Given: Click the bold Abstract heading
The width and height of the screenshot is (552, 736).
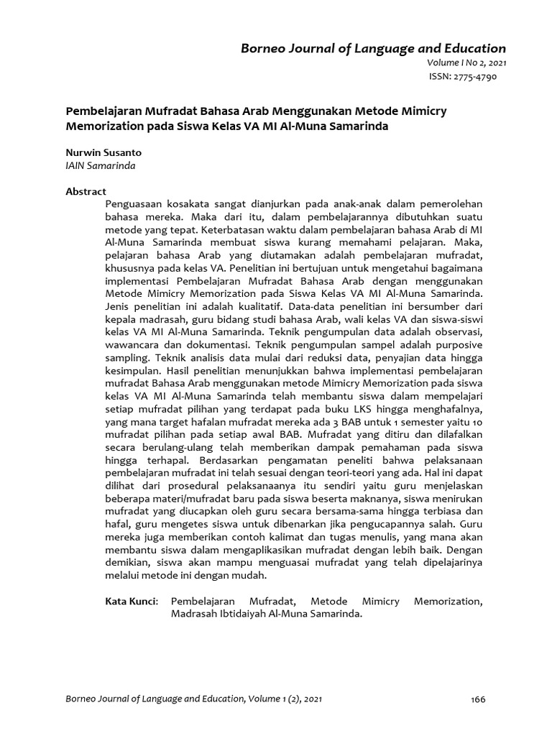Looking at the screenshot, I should pyautogui.click(x=86, y=191).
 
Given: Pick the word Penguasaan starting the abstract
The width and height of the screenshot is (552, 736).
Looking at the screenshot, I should pyautogui.click(x=134, y=204).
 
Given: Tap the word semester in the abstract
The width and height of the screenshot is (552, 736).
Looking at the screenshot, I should pyautogui.click(x=437, y=423).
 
